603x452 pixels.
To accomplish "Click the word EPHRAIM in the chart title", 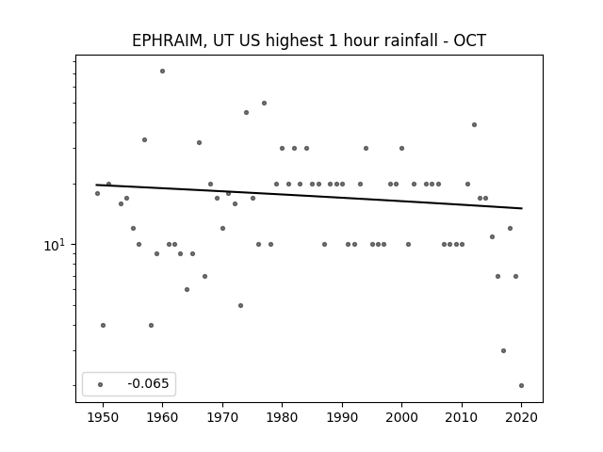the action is [x=167, y=40].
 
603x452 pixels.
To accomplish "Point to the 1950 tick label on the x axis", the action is [x=103, y=417].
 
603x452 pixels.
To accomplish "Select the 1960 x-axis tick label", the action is [x=163, y=417].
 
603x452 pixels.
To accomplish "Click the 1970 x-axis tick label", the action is [x=222, y=417].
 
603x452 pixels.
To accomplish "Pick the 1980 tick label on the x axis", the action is [x=283, y=417].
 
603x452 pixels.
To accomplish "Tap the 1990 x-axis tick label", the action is [x=342, y=417].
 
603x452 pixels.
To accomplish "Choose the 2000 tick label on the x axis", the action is [x=402, y=417].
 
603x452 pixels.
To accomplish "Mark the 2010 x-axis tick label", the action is [x=462, y=417].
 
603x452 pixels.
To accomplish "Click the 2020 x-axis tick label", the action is [x=521, y=417].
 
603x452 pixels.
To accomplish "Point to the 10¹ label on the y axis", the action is [x=55, y=245].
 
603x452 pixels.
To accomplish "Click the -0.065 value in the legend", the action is [x=148, y=383].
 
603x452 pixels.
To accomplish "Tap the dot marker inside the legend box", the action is [x=101, y=384].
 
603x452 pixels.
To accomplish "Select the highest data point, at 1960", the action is [x=163, y=72].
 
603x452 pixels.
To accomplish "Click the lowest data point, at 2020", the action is [x=521, y=385].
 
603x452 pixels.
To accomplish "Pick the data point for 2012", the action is [x=474, y=125].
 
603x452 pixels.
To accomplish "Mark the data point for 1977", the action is [x=264, y=103].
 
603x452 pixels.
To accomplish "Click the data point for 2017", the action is [x=503, y=350].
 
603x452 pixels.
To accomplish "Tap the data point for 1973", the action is [x=241, y=305].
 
